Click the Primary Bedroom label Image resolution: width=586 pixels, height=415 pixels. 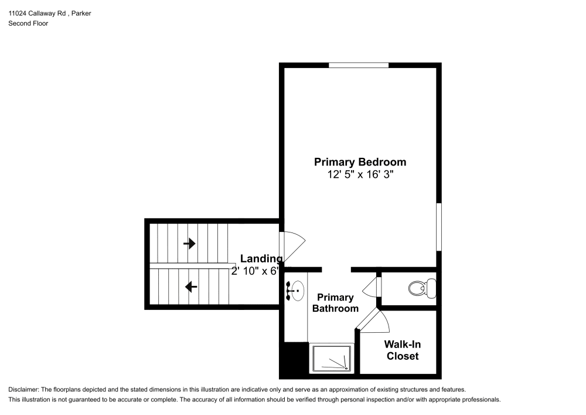360,162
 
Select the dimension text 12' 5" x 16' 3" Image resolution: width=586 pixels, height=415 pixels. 360,175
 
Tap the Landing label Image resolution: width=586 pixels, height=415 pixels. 261,258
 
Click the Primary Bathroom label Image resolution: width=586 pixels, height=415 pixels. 335,303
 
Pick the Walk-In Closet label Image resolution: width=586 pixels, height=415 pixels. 401,350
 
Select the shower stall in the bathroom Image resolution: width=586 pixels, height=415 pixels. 332,358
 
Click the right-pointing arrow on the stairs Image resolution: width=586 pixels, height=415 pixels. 189,243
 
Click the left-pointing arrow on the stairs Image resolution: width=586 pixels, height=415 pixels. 190,287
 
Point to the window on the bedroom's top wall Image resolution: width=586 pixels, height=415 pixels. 358,65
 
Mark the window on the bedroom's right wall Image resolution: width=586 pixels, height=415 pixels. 439,227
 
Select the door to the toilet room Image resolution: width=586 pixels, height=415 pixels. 372,288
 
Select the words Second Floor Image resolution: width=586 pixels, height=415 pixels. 28,23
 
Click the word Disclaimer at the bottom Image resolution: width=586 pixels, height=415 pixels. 24,390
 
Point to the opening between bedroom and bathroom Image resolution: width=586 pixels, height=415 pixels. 336,269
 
